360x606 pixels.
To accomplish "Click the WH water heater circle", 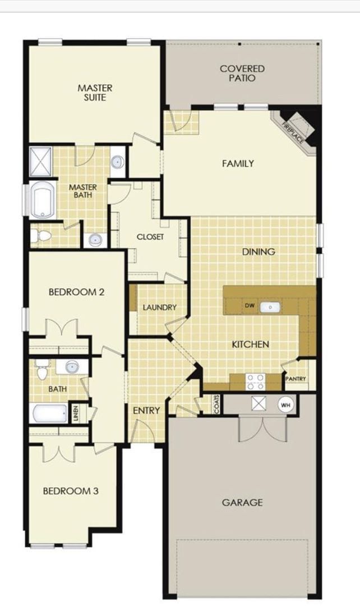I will tap(285, 404).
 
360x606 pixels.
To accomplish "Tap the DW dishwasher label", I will tap(250, 306).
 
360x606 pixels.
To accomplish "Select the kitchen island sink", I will tap(271, 307).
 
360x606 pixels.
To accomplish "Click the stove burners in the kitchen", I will tap(256, 382).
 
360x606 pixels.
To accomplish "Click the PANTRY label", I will tap(296, 379).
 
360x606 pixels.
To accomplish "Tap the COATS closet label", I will tap(216, 404).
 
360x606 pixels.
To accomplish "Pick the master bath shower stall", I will tap(40, 160).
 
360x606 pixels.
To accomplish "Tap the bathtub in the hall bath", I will tap(49, 414).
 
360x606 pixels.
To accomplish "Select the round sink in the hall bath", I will tap(72, 367).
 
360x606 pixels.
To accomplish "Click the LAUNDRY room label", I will tap(159, 307).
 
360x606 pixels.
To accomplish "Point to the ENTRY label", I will tap(146, 411).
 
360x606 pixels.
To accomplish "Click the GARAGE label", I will tap(242, 503).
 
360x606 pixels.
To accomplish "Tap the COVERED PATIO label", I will tap(242, 74).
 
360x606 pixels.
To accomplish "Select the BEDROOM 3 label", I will tap(71, 491).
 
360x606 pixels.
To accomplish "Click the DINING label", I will tap(259, 252).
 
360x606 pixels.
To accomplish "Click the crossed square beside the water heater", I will tap(259, 404).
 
